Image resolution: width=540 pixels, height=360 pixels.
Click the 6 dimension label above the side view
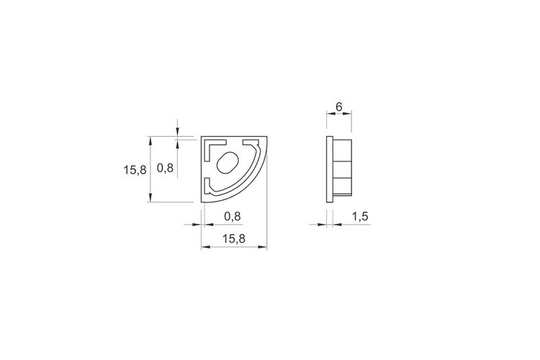[x=339, y=107]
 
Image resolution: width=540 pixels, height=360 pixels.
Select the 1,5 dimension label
[x=360, y=217]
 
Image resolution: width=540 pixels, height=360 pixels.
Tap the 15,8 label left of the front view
[x=135, y=170]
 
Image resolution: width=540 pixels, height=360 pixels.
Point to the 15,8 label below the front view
[x=234, y=238]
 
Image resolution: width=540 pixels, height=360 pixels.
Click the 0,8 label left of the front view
[x=165, y=168]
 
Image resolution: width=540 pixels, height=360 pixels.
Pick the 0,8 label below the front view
[x=233, y=216]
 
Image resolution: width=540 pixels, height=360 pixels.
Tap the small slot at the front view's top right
[x=251, y=142]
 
